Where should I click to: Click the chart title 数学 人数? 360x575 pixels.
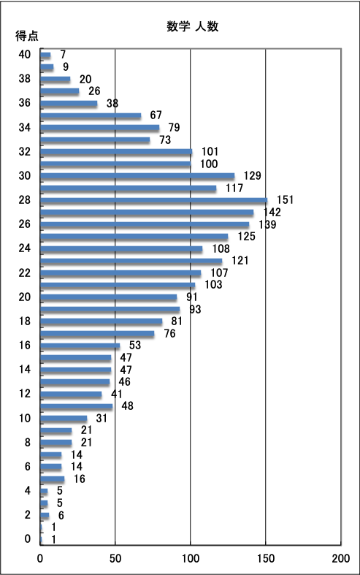tap(193, 26)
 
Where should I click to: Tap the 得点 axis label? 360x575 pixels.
tap(27, 36)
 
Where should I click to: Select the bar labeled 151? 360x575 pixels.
tap(153, 200)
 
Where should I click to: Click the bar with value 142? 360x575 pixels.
tap(147, 213)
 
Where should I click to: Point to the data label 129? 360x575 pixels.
tap(252, 175)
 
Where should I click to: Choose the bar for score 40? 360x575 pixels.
tap(45, 55)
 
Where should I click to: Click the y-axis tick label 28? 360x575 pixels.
tap(25, 200)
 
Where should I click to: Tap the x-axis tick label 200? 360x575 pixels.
tap(340, 558)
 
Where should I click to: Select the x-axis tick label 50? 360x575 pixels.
tap(115, 558)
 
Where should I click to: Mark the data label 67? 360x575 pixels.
tap(156, 115)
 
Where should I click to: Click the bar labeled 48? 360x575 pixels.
tap(76, 406)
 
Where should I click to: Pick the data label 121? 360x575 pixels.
tap(240, 261)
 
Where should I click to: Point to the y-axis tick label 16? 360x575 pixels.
tap(25, 346)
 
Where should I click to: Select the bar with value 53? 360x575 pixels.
tap(80, 346)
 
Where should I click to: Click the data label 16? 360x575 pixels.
tap(79, 479)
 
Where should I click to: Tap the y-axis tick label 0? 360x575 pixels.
tap(28, 538)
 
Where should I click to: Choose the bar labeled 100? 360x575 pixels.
tap(115, 164)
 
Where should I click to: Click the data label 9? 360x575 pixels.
tap(66, 66)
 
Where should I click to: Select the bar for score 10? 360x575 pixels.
tap(64, 419)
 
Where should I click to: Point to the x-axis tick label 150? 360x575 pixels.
tap(265, 558)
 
